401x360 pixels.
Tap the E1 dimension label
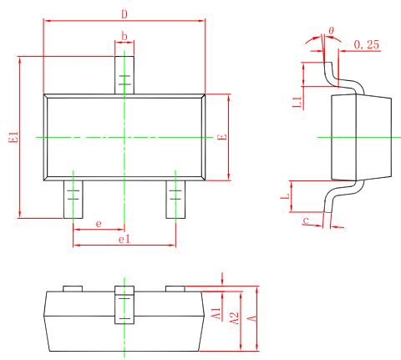tap(12, 138)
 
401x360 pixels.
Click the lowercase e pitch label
tap(99, 223)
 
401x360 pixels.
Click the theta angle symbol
tap(332, 31)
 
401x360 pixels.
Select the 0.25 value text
tap(367, 43)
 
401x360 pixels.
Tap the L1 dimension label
tap(297, 104)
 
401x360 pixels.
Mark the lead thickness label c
tap(307, 221)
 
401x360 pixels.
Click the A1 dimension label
tap(216, 314)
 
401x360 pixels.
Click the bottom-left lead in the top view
tap(73, 199)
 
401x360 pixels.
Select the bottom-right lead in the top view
tap(175, 199)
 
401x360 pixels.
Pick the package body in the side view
tap(361, 136)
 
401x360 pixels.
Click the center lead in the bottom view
tap(124, 306)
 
